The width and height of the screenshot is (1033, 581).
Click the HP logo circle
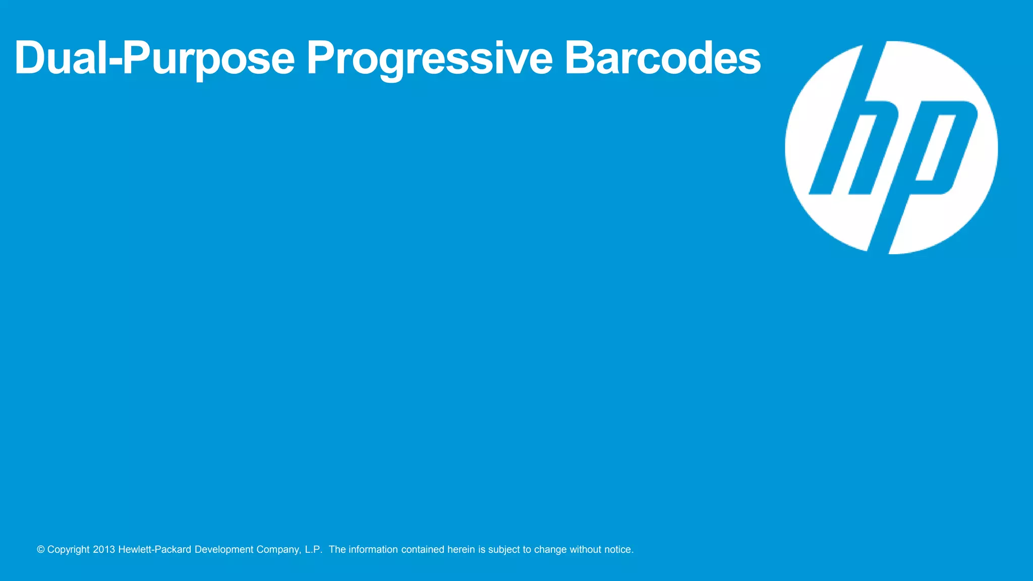pyautogui.click(x=891, y=147)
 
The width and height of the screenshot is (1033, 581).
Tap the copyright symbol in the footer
pyautogui.click(x=41, y=550)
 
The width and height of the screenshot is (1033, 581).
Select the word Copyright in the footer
pyautogui.click(x=68, y=550)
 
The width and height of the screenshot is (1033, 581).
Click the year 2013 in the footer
pyautogui.click(x=104, y=550)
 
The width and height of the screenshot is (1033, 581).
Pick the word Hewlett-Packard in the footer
pyautogui.click(x=154, y=550)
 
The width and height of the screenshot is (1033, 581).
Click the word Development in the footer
pyautogui.click(x=223, y=550)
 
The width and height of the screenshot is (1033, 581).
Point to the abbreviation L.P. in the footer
pyautogui.click(x=313, y=550)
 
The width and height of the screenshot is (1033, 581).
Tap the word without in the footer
pyautogui.click(x=585, y=550)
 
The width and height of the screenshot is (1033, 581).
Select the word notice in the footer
pyautogui.click(x=618, y=550)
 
